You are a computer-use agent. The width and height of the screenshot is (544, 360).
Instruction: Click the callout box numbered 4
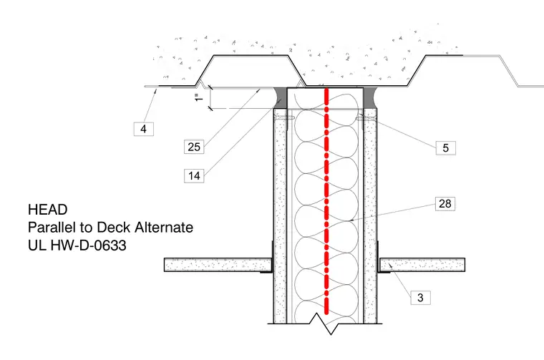[x=144, y=129]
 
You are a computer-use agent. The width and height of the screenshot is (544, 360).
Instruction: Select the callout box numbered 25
[x=194, y=147]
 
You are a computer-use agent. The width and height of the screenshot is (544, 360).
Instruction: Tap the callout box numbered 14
[x=194, y=176]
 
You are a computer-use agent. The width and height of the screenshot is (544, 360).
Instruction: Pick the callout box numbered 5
[x=446, y=148]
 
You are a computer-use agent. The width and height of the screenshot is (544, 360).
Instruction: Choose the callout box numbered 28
[x=445, y=203]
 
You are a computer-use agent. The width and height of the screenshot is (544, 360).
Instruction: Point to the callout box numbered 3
[x=420, y=298]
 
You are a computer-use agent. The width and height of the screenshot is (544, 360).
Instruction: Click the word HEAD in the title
[x=48, y=210]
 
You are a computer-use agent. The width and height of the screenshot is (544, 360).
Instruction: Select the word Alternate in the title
[x=164, y=228]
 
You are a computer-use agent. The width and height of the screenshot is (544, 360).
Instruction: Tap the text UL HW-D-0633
[x=77, y=245]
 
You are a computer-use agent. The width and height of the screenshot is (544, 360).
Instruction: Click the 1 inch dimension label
[x=199, y=98]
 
